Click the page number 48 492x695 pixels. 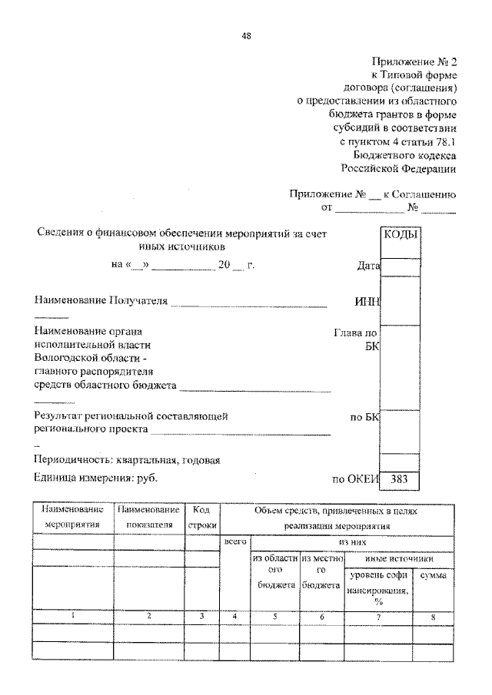coord(246,35)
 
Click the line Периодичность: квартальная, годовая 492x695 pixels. coord(128,460)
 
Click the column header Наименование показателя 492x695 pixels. coord(149,517)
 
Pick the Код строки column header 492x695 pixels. coord(203,517)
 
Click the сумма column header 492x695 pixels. coord(434,575)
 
